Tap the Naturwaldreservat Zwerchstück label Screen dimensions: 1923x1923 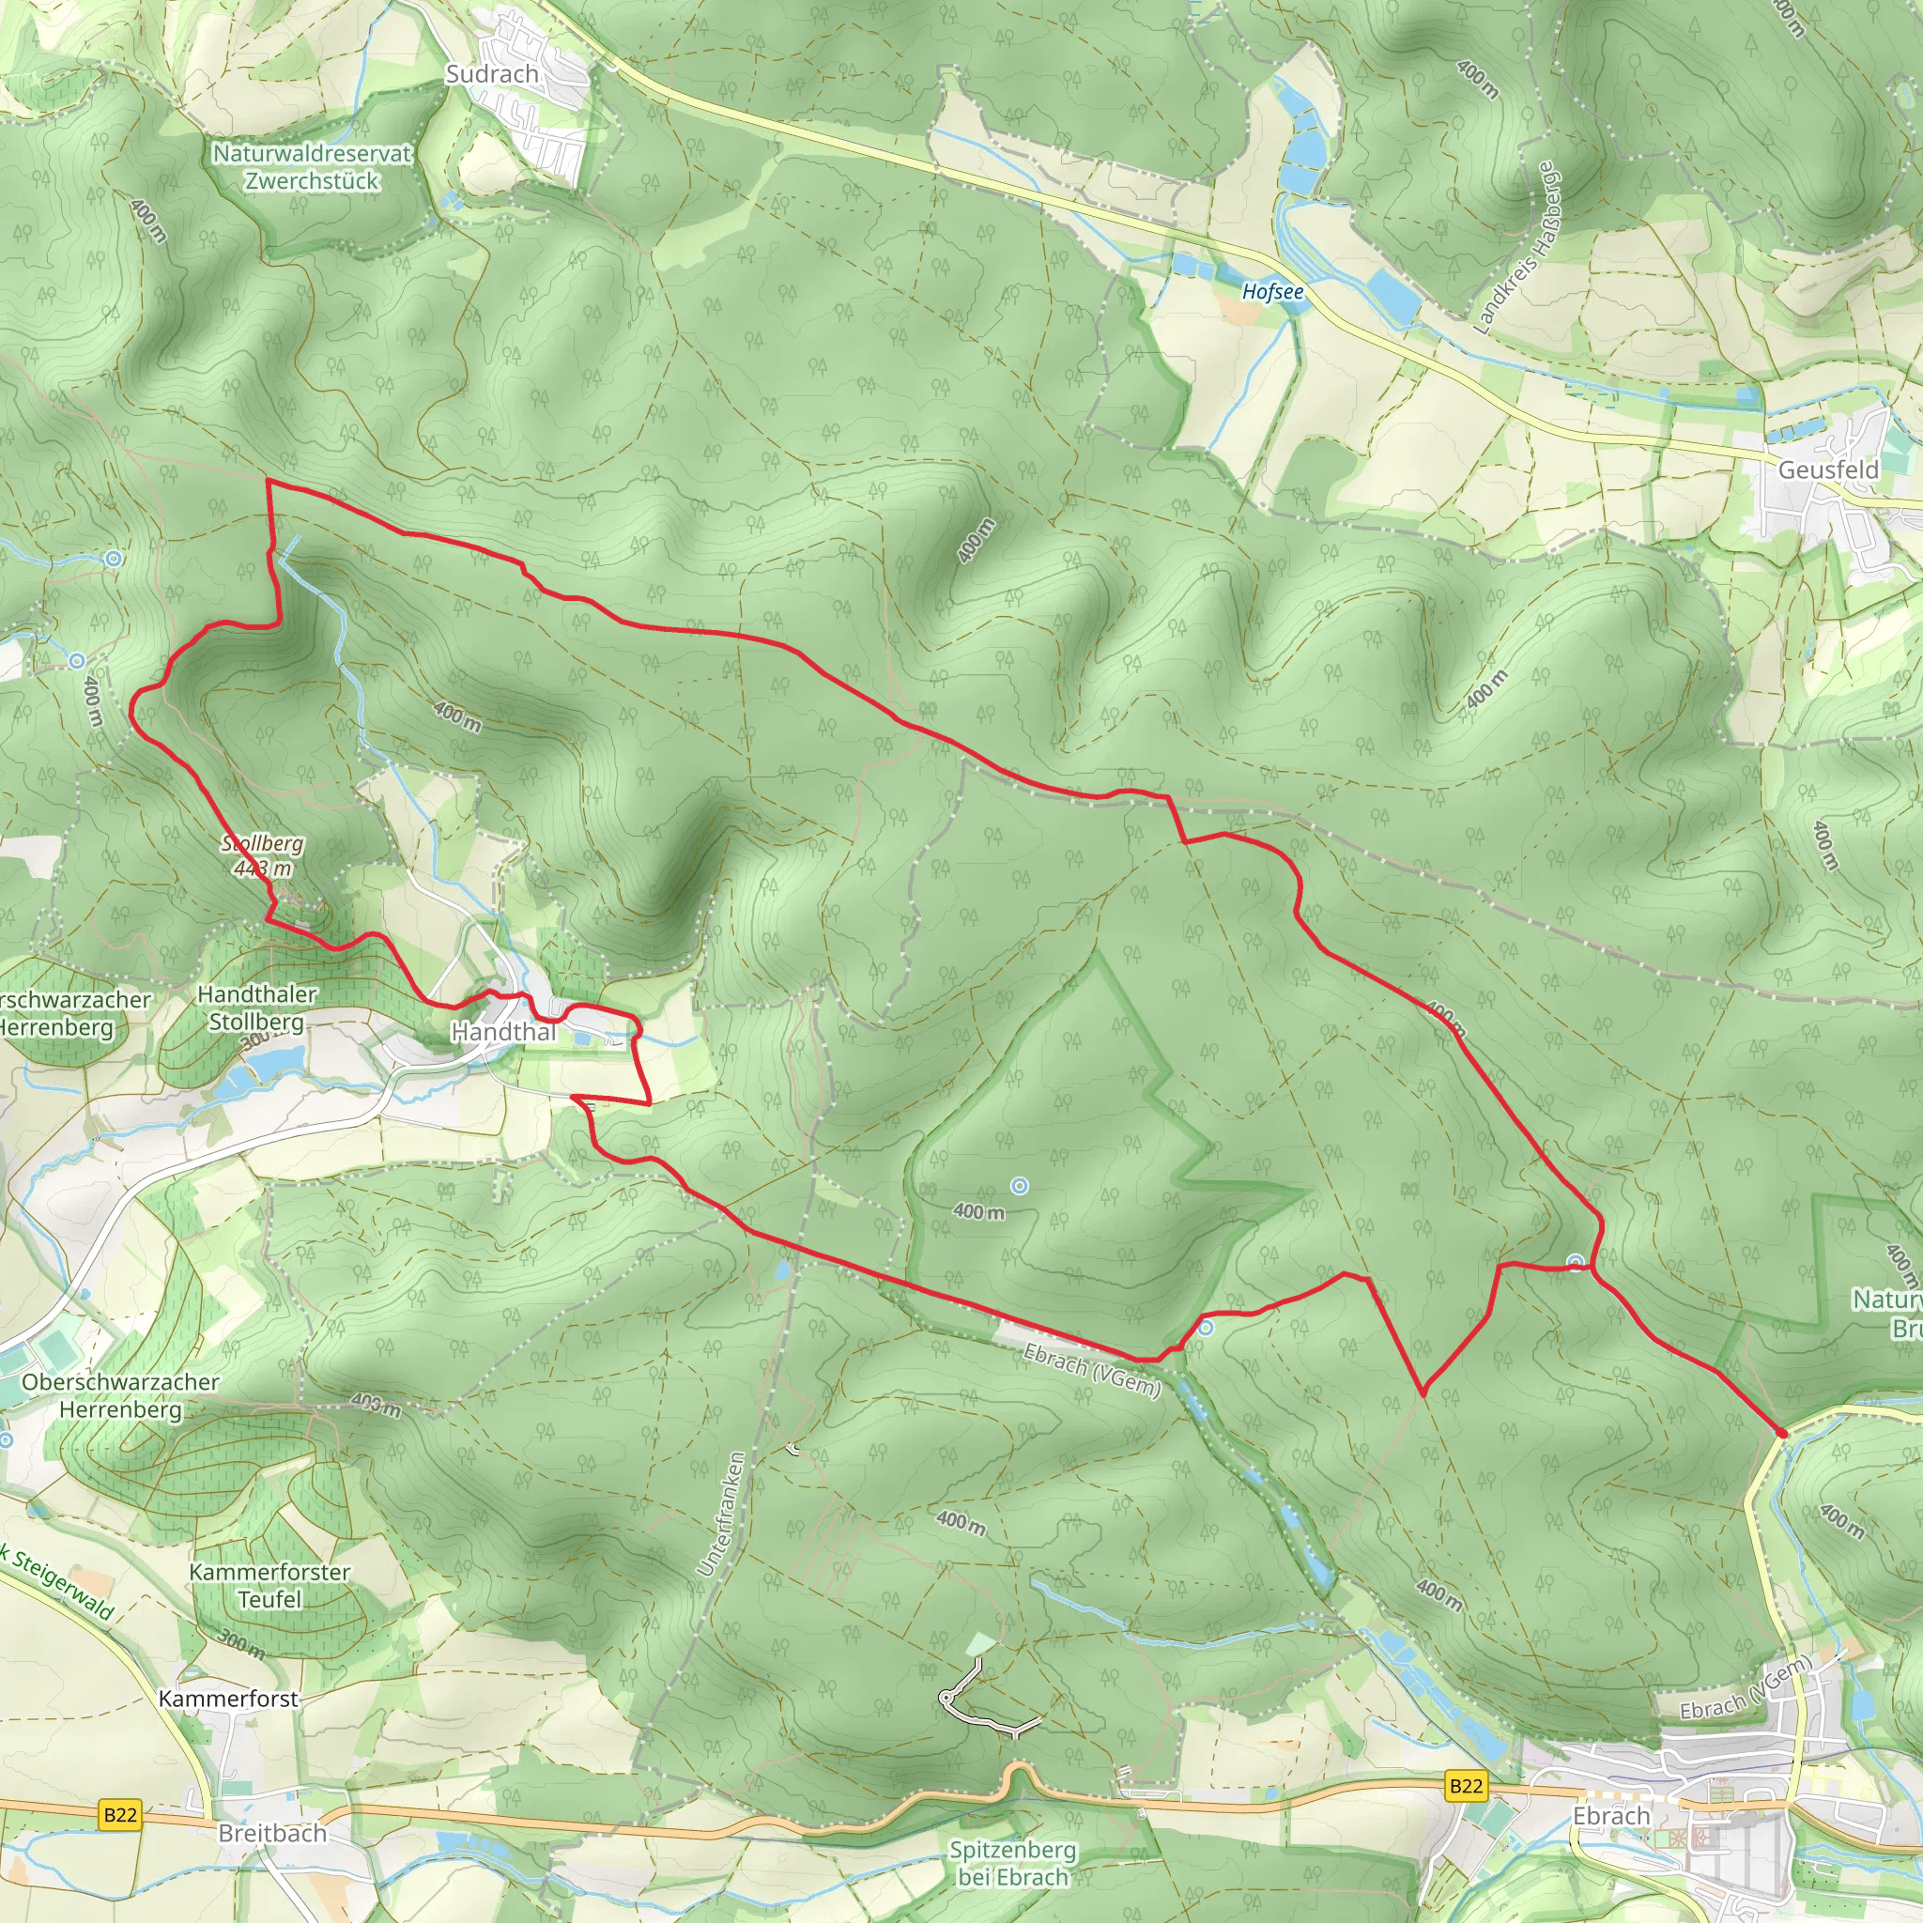coord(312,167)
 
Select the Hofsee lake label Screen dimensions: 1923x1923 coord(1272,292)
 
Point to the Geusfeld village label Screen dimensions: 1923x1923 coord(1828,469)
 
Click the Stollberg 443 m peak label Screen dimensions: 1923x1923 coord(263,856)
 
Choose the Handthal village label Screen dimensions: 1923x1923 coord(503,1032)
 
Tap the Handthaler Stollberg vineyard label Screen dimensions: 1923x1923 coord(256,1008)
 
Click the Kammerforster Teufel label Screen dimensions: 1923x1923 coord(269,1586)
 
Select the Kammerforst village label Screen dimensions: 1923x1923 coord(229,1699)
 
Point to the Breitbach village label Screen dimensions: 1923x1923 coord(271,1834)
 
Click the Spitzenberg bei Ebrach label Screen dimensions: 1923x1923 coord(1012,1863)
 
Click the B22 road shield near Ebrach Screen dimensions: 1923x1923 coord(1465,1786)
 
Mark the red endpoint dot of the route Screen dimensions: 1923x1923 coord(1781,1433)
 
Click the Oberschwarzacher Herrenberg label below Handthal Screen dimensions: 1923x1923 coord(120,1395)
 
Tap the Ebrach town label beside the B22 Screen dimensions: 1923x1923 coord(1610,1817)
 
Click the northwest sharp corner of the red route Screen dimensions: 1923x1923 coord(268,481)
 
